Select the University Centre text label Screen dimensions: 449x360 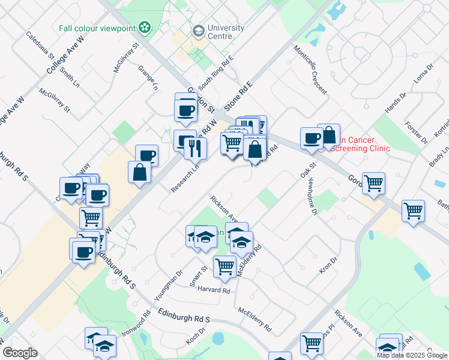(x=226, y=32)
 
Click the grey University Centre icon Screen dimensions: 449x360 (x=197, y=31)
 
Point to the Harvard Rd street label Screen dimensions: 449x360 (x=214, y=290)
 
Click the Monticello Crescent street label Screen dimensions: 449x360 (x=310, y=70)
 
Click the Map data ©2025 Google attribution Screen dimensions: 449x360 (x=412, y=355)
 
